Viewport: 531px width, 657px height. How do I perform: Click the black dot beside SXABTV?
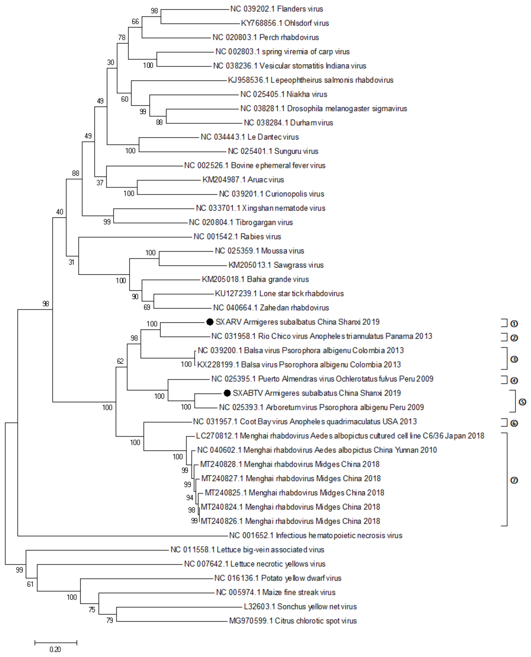227,393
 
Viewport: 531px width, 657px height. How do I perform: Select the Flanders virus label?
277,9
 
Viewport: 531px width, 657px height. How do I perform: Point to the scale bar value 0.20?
55,649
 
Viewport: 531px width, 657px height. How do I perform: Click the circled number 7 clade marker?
514,480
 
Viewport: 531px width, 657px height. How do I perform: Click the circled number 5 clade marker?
522,402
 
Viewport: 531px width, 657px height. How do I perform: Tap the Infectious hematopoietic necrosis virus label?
316,535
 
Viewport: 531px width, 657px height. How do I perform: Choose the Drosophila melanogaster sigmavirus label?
324,108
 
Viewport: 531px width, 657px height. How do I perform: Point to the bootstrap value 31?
71,262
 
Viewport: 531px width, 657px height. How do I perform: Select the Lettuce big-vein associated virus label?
247,549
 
